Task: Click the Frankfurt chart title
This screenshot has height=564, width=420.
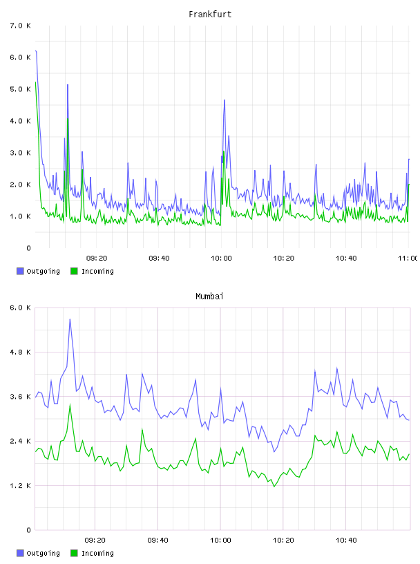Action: [x=210, y=15]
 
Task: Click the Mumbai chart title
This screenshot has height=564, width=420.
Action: [x=209, y=297]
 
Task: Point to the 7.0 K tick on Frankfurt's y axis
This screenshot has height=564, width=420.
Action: [x=21, y=26]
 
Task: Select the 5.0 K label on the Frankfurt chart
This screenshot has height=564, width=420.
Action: [x=21, y=89]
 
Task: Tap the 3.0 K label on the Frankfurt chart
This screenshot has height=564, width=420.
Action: [x=21, y=153]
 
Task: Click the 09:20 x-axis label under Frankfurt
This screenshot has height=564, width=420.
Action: [x=97, y=258]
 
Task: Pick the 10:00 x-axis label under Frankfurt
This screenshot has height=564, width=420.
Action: [x=221, y=258]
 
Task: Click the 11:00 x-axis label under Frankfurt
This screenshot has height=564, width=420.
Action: [x=408, y=258]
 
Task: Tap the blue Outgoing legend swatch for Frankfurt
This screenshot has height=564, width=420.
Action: [x=20, y=271]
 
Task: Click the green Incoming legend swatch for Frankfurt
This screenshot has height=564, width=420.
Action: [x=74, y=271]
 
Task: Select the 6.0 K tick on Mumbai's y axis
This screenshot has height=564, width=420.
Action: [x=21, y=308]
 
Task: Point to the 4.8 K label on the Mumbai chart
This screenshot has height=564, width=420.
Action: [x=21, y=352]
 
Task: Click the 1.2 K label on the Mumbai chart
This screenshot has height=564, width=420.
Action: [x=21, y=486]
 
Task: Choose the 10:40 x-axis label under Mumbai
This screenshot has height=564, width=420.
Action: [x=346, y=540]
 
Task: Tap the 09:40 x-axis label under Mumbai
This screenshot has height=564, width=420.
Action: [x=158, y=540]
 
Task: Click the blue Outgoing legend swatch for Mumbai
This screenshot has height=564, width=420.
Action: [x=20, y=553]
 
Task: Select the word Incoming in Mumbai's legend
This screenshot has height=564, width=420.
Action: [x=97, y=554]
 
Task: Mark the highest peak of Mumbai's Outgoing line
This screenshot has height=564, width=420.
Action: [x=70, y=319]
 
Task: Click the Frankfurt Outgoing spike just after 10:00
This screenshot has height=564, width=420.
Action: [x=225, y=100]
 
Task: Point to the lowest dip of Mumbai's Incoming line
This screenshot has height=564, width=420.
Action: [x=274, y=487]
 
